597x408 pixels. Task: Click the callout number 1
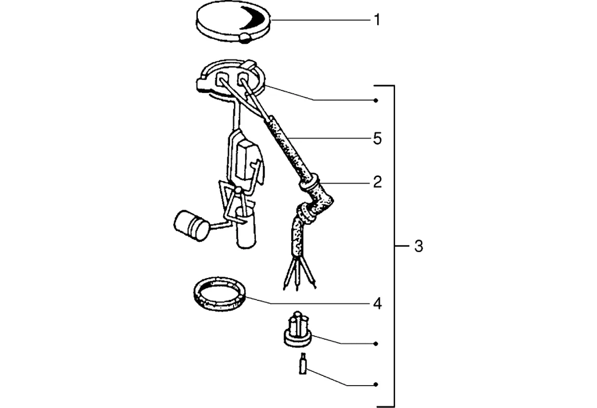point(377,20)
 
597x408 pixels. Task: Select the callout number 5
point(377,138)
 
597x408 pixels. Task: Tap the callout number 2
point(377,182)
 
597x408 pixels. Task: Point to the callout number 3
point(418,247)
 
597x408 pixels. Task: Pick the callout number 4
point(377,304)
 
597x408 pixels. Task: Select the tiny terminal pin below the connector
point(303,364)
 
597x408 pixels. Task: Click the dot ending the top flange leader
point(376,100)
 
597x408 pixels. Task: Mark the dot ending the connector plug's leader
point(376,343)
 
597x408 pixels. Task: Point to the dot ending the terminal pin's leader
point(376,384)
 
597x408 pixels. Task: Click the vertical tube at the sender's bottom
point(246,232)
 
